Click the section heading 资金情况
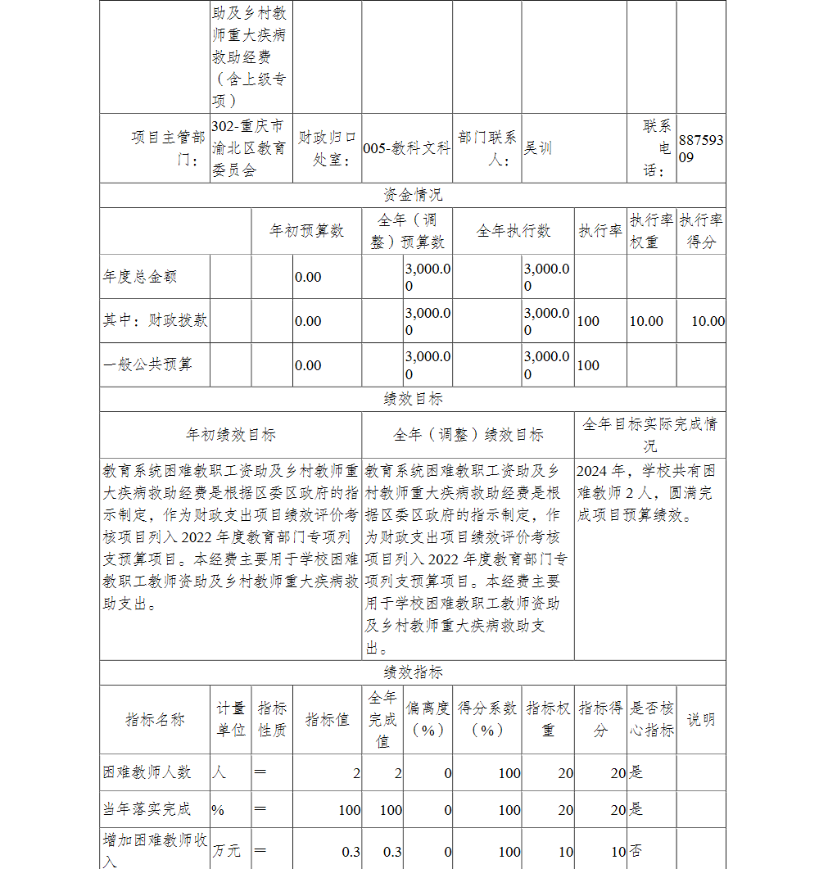coord(413,195)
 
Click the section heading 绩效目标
coord(413,399)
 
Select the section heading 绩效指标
coord(413,672)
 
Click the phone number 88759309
coord(700,148)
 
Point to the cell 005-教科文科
coord(406,148)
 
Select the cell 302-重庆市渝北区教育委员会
coord(247,148)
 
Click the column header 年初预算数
coord(306,231)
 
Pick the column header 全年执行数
coord(514,231)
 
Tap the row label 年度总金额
coord(139,277)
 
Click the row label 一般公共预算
coord(147,364)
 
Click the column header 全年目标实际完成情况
coord(649,435)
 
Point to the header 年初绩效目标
coord(231,435)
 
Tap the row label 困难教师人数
coord(147,772)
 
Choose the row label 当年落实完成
coord(147,809)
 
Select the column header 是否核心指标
coord(652,719)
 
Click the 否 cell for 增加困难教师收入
coord(636,851)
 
